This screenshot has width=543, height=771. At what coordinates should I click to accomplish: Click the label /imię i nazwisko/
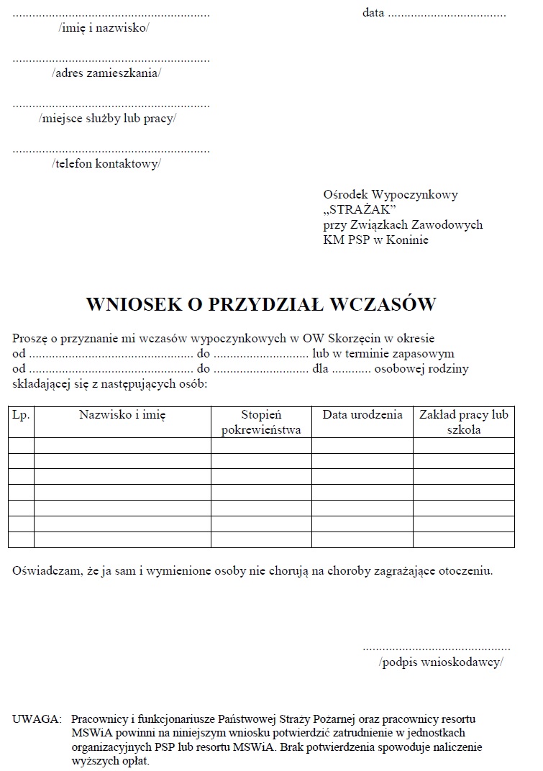pyautogui.click(x=104, y=28)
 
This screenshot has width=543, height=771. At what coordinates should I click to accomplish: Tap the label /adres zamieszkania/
pyautogui.click(x=106, y=73)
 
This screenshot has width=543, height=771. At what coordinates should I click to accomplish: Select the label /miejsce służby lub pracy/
pyautogui.click(x=107, y=119)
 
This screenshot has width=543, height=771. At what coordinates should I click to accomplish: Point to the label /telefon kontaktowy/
pyautogui.click(x=106, y=164)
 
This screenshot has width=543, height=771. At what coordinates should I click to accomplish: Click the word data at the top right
pyautogui.click(x=373, y=13)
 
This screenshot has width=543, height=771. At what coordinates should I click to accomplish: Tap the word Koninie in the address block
pyautogui.click(x=407, y=239)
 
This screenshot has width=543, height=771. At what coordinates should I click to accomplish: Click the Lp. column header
pyautogui.click(x=21, y=416)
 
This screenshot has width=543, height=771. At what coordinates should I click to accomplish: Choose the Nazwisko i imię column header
pyautogui.click(x=122, y=416)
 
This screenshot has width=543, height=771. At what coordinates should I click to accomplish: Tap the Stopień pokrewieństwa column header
pyautogui.click(x=261, y=423)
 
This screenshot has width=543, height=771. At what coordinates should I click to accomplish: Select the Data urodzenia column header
pyautogui.click(x=362, y=416)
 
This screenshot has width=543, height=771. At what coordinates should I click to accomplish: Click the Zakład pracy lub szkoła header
pyautogui.click(x=464, y=423)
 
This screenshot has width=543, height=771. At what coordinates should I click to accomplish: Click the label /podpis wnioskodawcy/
pyautogui.click(x=441, y=662)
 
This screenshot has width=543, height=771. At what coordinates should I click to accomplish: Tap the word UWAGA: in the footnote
pyautogui.click(x=37, y=719)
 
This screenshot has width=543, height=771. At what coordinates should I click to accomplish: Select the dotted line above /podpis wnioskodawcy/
pyautogui.click(x=437, y=647)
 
